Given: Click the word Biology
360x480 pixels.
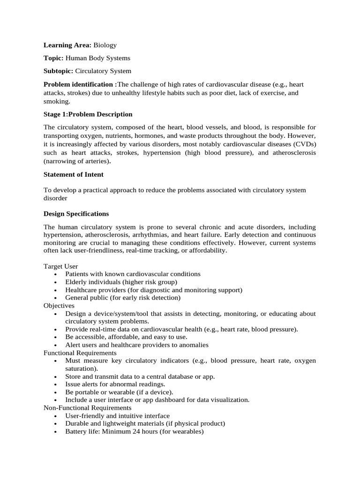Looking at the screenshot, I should [105, 45].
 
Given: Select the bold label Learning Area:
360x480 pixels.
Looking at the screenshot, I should [67, 45].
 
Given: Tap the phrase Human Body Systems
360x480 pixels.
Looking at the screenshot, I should [98, 58].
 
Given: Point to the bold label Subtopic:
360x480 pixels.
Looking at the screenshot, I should [59, 71].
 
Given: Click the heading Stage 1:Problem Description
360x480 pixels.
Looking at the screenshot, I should [88, 114].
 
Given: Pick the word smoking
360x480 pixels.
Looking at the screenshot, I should [56, 101].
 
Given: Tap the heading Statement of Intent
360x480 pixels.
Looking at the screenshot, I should [74, 174].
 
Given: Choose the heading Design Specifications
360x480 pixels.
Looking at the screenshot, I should [76, 214].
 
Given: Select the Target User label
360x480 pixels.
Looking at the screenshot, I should [61, 266].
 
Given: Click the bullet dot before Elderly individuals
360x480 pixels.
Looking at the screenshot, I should [56, 283].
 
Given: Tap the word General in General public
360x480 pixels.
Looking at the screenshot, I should [77, 298].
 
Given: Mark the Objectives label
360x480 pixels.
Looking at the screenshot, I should [59, 306].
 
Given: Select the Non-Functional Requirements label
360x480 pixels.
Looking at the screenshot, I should [87, 408].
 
